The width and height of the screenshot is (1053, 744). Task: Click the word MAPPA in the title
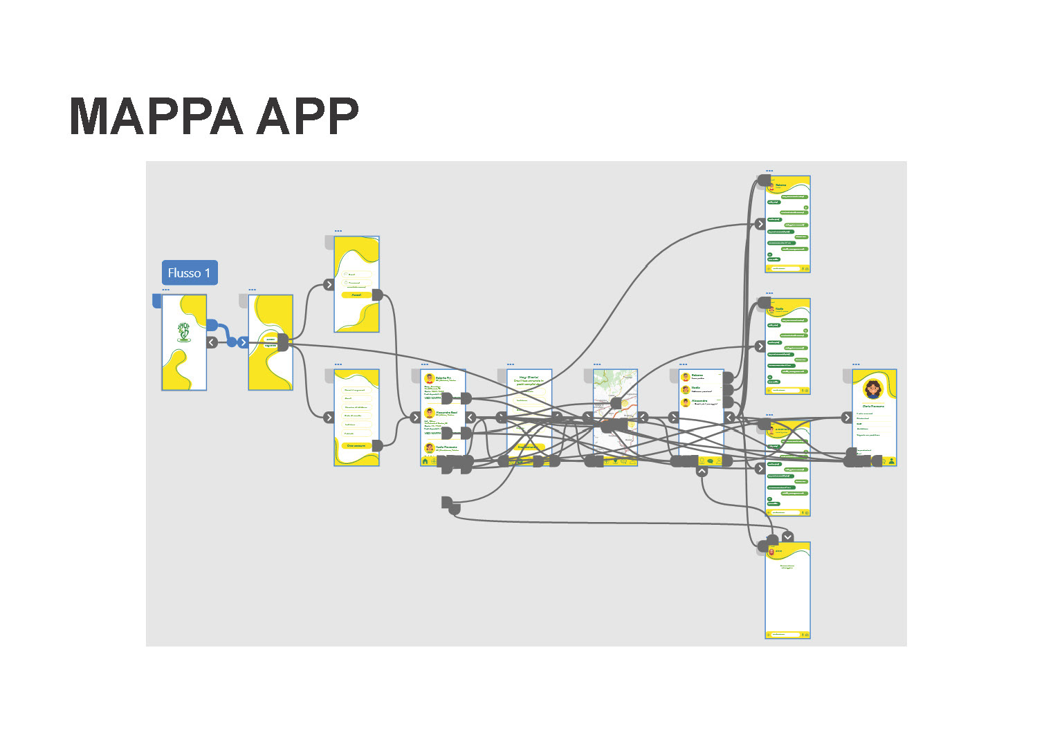pyautogui.click(x=156, y=115)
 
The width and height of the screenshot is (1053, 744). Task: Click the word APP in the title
pyautogui.click(x=307, y=115)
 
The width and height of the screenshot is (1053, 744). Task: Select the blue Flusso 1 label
pyautogui.click(x=190, y=272)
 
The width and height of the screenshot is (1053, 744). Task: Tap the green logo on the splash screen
pyautogui.click(x=183, y=332)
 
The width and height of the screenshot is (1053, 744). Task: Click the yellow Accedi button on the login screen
pyautogui.click(x=356, y=295)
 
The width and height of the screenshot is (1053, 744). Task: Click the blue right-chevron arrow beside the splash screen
pyautogui.click(x=243, y=342)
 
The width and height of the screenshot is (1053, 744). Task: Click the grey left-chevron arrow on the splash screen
pyautogui.click(x=212, y=342)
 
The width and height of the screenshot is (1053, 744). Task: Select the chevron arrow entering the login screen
pyautogui.click(x=329, y=284)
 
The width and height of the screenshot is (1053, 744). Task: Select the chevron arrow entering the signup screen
pyautogui.click(x=329, y=417)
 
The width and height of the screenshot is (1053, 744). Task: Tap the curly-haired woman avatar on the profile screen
pyautogui.click(x=873, y=389)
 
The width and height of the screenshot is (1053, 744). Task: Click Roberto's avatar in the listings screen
pyautogui.click(x=430, y=379)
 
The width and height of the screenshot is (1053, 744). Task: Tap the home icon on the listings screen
pyautogui.click(x=425, y=461)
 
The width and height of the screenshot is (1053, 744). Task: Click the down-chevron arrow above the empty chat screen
pyautogui.click(x=787, y=537)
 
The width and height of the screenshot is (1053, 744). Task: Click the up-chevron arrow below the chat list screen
pyautogui.click(x=702, y=471)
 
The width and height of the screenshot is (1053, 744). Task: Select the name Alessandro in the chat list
pyautogui.click(x=700, y=400)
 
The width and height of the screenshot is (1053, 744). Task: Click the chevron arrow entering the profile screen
pyautogui.click(x=847, y=418)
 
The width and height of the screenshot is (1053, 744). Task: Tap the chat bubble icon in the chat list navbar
pyautogui.click(x=710, y=461)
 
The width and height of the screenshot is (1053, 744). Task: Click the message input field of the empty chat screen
pyautogui.click(x=785, y=634)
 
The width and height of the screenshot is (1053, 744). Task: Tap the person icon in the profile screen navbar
pyautogui.click(x=891, y=461)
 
